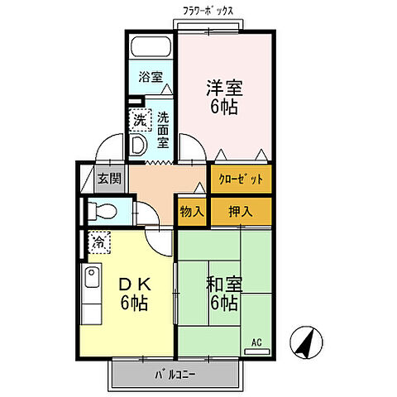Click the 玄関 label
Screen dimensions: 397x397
click(x=108, y=177)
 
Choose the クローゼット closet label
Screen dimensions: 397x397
click(x=241, y=179)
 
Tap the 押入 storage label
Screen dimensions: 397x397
click(x=241, y=212)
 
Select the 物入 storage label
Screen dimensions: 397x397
click(x=192, y=212)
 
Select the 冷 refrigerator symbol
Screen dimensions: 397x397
click(x=98, y=242)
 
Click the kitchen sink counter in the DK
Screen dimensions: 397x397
click(x=90, y=289)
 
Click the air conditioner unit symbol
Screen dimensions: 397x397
click(x=258, y=352)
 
